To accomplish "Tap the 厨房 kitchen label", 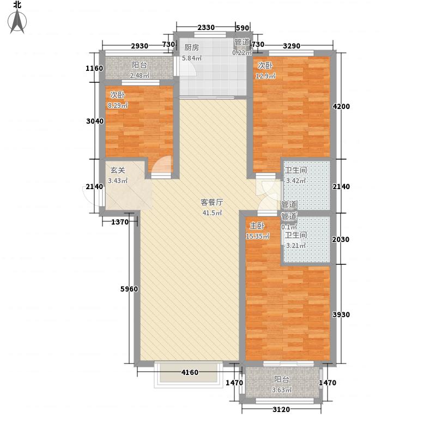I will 191,47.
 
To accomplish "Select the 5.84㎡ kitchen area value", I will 192,58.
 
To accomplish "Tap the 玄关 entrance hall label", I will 118,170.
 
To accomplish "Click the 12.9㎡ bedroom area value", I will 266,76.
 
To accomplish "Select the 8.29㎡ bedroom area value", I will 118,105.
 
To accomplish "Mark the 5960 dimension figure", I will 122,289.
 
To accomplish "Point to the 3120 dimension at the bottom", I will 281,410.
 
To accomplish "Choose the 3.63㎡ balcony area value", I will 282,390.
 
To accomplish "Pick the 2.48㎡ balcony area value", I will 140,76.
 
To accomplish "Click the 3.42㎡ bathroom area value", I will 296,181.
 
